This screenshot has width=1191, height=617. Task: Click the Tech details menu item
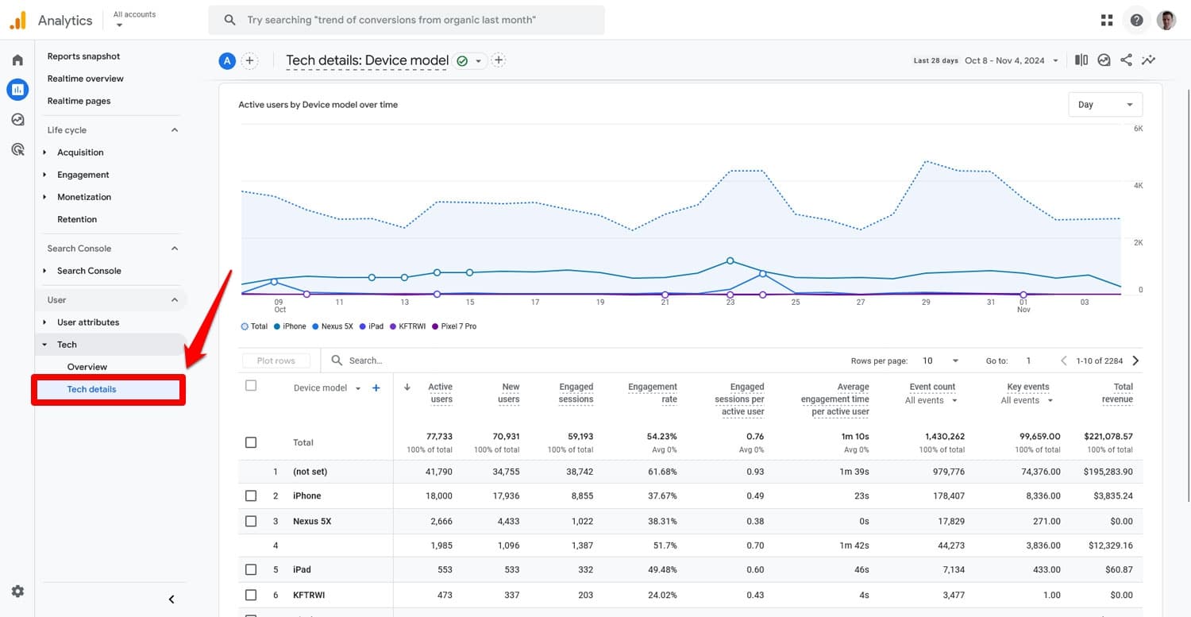point(91,389)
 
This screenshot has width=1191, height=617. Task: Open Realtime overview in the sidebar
point(85,79)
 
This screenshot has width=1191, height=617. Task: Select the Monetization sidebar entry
point(83,197)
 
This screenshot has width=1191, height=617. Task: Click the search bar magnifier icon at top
point(229,20)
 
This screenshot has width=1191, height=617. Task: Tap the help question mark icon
point(1136,21)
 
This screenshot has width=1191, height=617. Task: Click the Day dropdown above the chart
point(1104,105)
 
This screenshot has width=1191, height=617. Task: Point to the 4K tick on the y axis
point(1137,186)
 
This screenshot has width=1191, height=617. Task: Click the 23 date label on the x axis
point(730,303)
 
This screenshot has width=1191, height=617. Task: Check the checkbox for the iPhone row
point(251,496)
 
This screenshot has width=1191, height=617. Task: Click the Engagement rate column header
point(652,393)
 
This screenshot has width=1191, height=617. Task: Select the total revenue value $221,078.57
point(1108,436)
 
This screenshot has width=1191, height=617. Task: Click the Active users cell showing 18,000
point(438,496)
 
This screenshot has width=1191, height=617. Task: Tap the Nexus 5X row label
point(311,522)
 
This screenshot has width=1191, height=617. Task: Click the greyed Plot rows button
point(276,361)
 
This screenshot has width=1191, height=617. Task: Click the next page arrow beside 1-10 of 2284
point(1135,361)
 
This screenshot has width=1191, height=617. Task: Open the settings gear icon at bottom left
point(17,592)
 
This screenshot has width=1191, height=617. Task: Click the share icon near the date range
point(1126,60)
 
